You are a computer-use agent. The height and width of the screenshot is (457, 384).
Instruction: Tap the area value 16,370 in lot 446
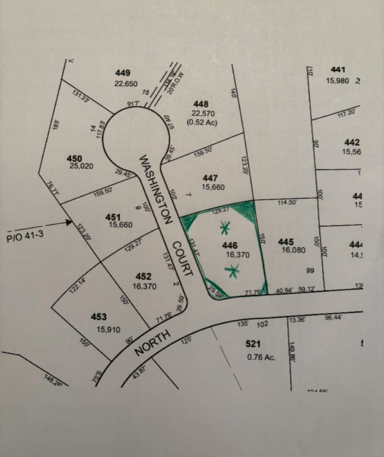pyautogui.click(x=238, y=255)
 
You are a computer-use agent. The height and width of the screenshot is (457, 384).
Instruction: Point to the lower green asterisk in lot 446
pyautogui.click(x=232, y=271)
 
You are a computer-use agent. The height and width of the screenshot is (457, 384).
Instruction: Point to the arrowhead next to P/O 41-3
pyautogui.click(x=69, y=222)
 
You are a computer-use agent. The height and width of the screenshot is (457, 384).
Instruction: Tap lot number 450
pyautogui.click(x=74, y=159)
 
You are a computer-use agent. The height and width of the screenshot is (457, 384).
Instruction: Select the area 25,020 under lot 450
pyautogui.click(x=81, y=166)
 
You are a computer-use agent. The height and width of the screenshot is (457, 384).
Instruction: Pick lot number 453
pyautogui.click(x=99, y=317)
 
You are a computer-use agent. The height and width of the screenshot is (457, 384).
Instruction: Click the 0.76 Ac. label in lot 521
pyautogui.click(x=261, y=357)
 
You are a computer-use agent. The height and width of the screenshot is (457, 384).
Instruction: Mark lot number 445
pyautogui.click(x=286, y=242)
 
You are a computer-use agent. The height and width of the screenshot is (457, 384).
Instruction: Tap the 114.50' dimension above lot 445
pyautogui.click(x=287, y=203)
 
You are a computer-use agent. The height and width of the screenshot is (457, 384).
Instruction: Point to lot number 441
pyautogui.click(x=338, y=69)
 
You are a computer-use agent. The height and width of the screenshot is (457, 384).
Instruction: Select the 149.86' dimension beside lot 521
pyautogui.click(x=292, y=351)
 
